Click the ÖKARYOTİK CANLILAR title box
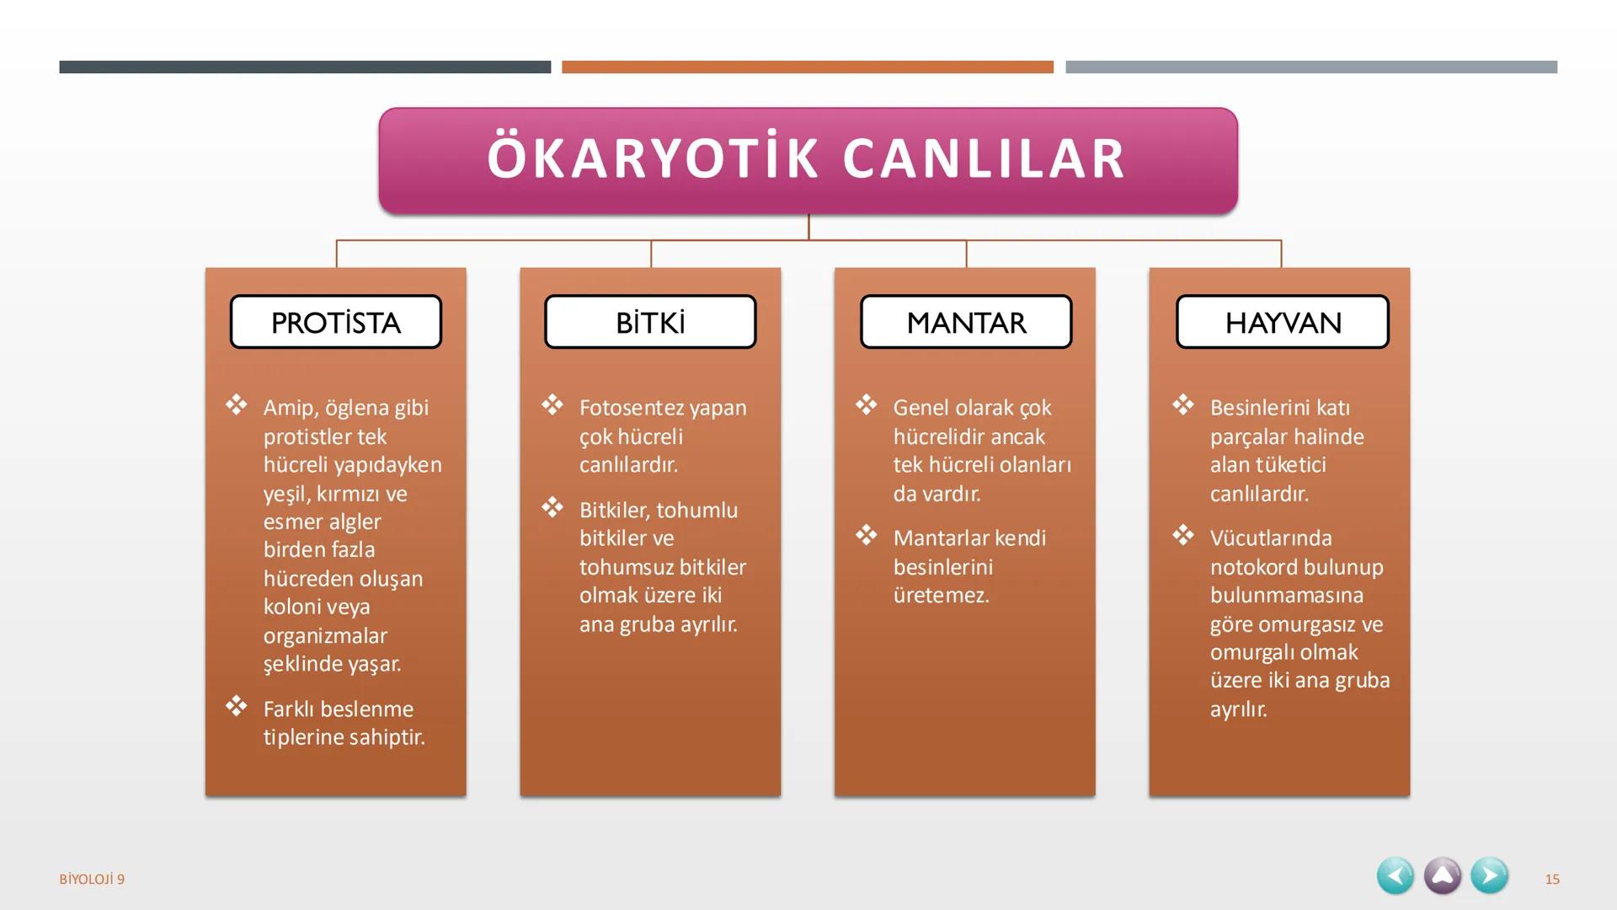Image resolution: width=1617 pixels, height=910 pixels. (808, 159)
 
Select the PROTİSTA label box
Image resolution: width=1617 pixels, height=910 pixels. (336, 322)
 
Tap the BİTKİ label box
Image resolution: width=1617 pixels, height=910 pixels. (650, 322)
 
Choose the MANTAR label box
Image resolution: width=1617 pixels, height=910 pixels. (966, 322)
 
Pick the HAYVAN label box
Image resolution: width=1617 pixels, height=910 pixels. (1282, 322)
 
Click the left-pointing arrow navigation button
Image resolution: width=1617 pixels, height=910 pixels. (1396, 876)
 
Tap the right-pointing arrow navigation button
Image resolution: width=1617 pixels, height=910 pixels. (1489, 876)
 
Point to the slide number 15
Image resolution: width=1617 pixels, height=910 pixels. (1552, 880)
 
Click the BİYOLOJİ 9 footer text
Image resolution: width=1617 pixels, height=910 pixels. (92, 880)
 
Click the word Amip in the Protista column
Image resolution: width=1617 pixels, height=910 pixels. (288, 408)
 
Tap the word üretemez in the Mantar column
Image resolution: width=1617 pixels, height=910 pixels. (941, 596)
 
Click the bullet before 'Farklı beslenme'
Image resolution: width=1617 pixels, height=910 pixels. (236, 705)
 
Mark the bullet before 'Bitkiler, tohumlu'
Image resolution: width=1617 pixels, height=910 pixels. (552, 506)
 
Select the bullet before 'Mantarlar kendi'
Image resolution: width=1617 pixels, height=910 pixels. (867, 535)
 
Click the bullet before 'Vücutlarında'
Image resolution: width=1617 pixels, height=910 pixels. (1183, 535)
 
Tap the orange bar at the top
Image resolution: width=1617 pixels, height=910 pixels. (807, 67)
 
